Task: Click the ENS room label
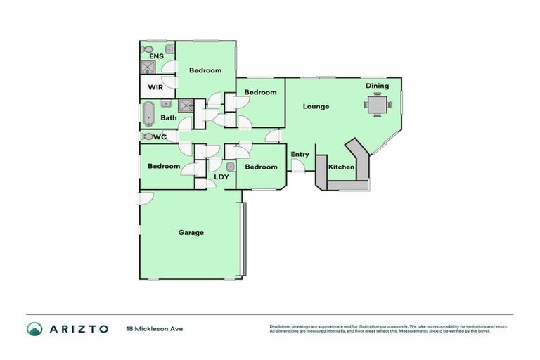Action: point(156,56)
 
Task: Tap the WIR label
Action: point(155,88)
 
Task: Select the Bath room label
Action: point(169,117)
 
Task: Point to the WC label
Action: point(160,136)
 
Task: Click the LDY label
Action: point(221,177)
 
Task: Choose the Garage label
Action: point(191,232)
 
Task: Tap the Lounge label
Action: point(316,107)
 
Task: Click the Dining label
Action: point(377,86)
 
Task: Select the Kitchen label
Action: point(342,167)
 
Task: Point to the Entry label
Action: point(300,155)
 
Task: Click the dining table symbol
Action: point(378,105)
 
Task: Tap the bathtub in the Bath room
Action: point(148,113)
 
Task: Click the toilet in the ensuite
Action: point(147,50)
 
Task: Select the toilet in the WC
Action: point(147,136)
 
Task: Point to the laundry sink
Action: point(230,167)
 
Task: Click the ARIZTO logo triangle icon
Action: point(34,328)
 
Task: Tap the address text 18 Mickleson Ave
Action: point(155,328)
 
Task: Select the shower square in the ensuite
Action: point(148,67)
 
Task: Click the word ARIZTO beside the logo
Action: point(79,328)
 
